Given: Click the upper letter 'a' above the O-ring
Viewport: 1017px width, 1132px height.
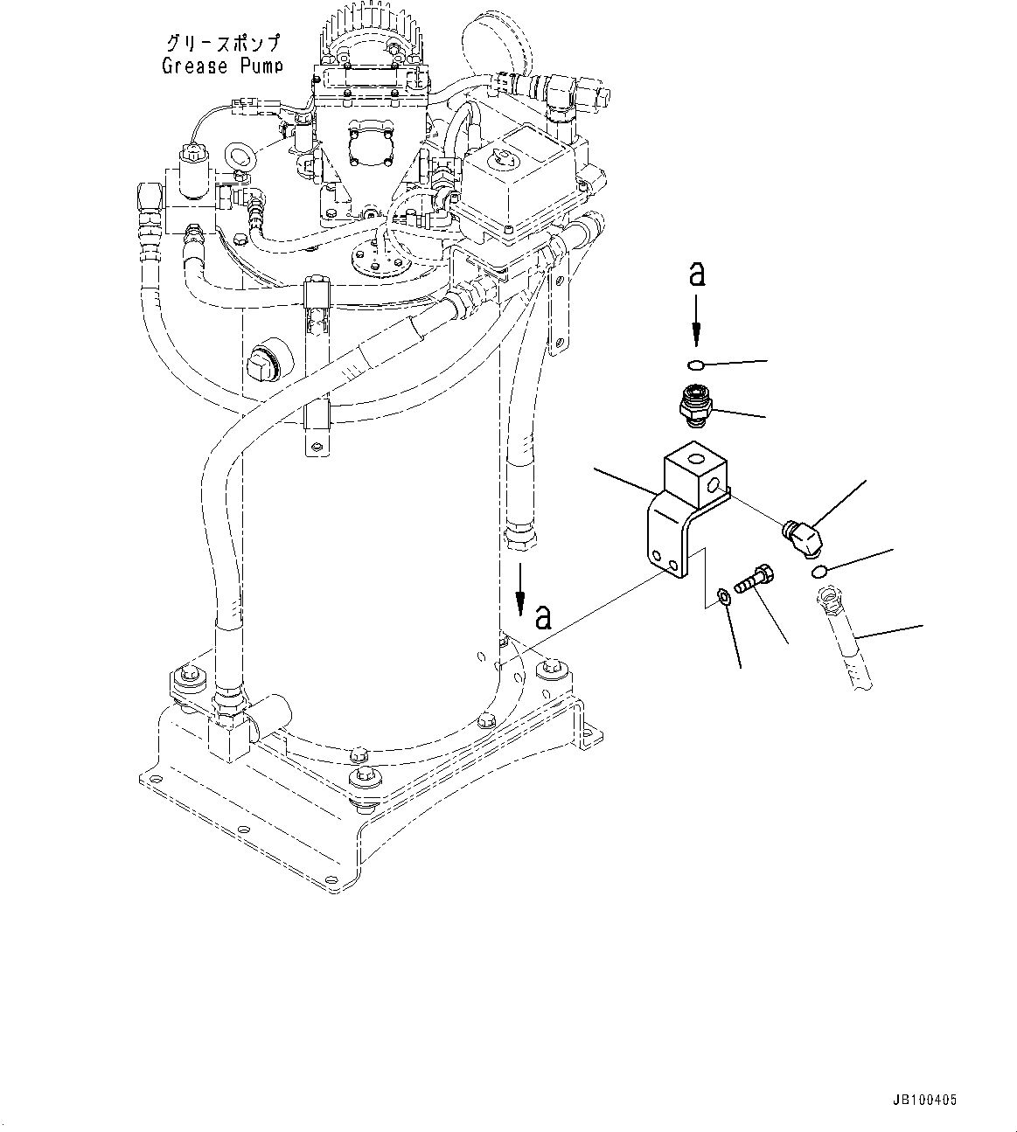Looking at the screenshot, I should pos(697,274).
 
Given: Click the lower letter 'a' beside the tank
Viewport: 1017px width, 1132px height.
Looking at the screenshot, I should pos(543,617).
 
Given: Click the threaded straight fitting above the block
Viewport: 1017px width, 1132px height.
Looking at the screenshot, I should pos(695,406).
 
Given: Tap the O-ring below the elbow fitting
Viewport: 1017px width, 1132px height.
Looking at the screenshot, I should pos(818,572).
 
